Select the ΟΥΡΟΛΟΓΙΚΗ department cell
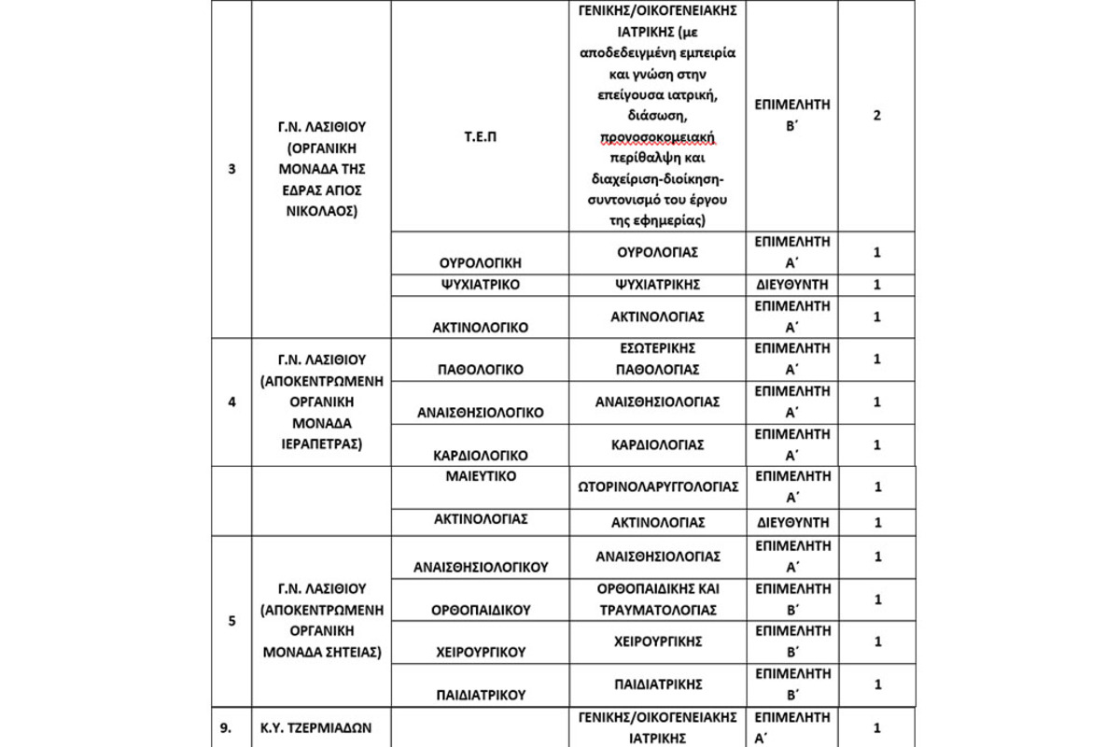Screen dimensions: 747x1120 pos(480,263)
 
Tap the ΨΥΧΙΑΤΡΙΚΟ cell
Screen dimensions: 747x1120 pos(480,285)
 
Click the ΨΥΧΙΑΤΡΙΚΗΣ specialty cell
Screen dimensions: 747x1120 pos(659,285)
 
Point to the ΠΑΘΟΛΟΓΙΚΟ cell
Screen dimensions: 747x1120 pos(480,370)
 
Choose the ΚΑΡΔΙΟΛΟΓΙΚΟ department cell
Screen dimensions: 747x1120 pos(480,456)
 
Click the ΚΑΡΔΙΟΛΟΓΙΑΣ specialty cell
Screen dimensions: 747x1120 pos(659,444)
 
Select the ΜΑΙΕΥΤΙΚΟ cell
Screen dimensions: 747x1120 pos(480,476)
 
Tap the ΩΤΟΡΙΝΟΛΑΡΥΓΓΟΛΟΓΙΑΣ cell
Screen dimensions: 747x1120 pos(659,486)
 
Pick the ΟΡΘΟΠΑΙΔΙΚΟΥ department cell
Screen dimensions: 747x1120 pos(480,610)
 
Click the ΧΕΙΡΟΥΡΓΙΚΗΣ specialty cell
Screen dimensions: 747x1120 pos(659,641)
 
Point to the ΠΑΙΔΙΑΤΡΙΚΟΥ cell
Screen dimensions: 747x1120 pos(480,695)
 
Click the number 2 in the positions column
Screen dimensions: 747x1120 pos(876,116)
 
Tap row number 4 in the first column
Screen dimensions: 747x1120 pos(231,402)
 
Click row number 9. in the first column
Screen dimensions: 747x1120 pos(231,727)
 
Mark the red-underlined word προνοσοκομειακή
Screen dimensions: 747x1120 pos(659,138)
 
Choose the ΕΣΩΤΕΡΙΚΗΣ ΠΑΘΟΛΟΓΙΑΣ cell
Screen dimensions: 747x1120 pos(659,359)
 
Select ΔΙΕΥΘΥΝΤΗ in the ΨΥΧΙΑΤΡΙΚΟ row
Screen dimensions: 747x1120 pos(791,285)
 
